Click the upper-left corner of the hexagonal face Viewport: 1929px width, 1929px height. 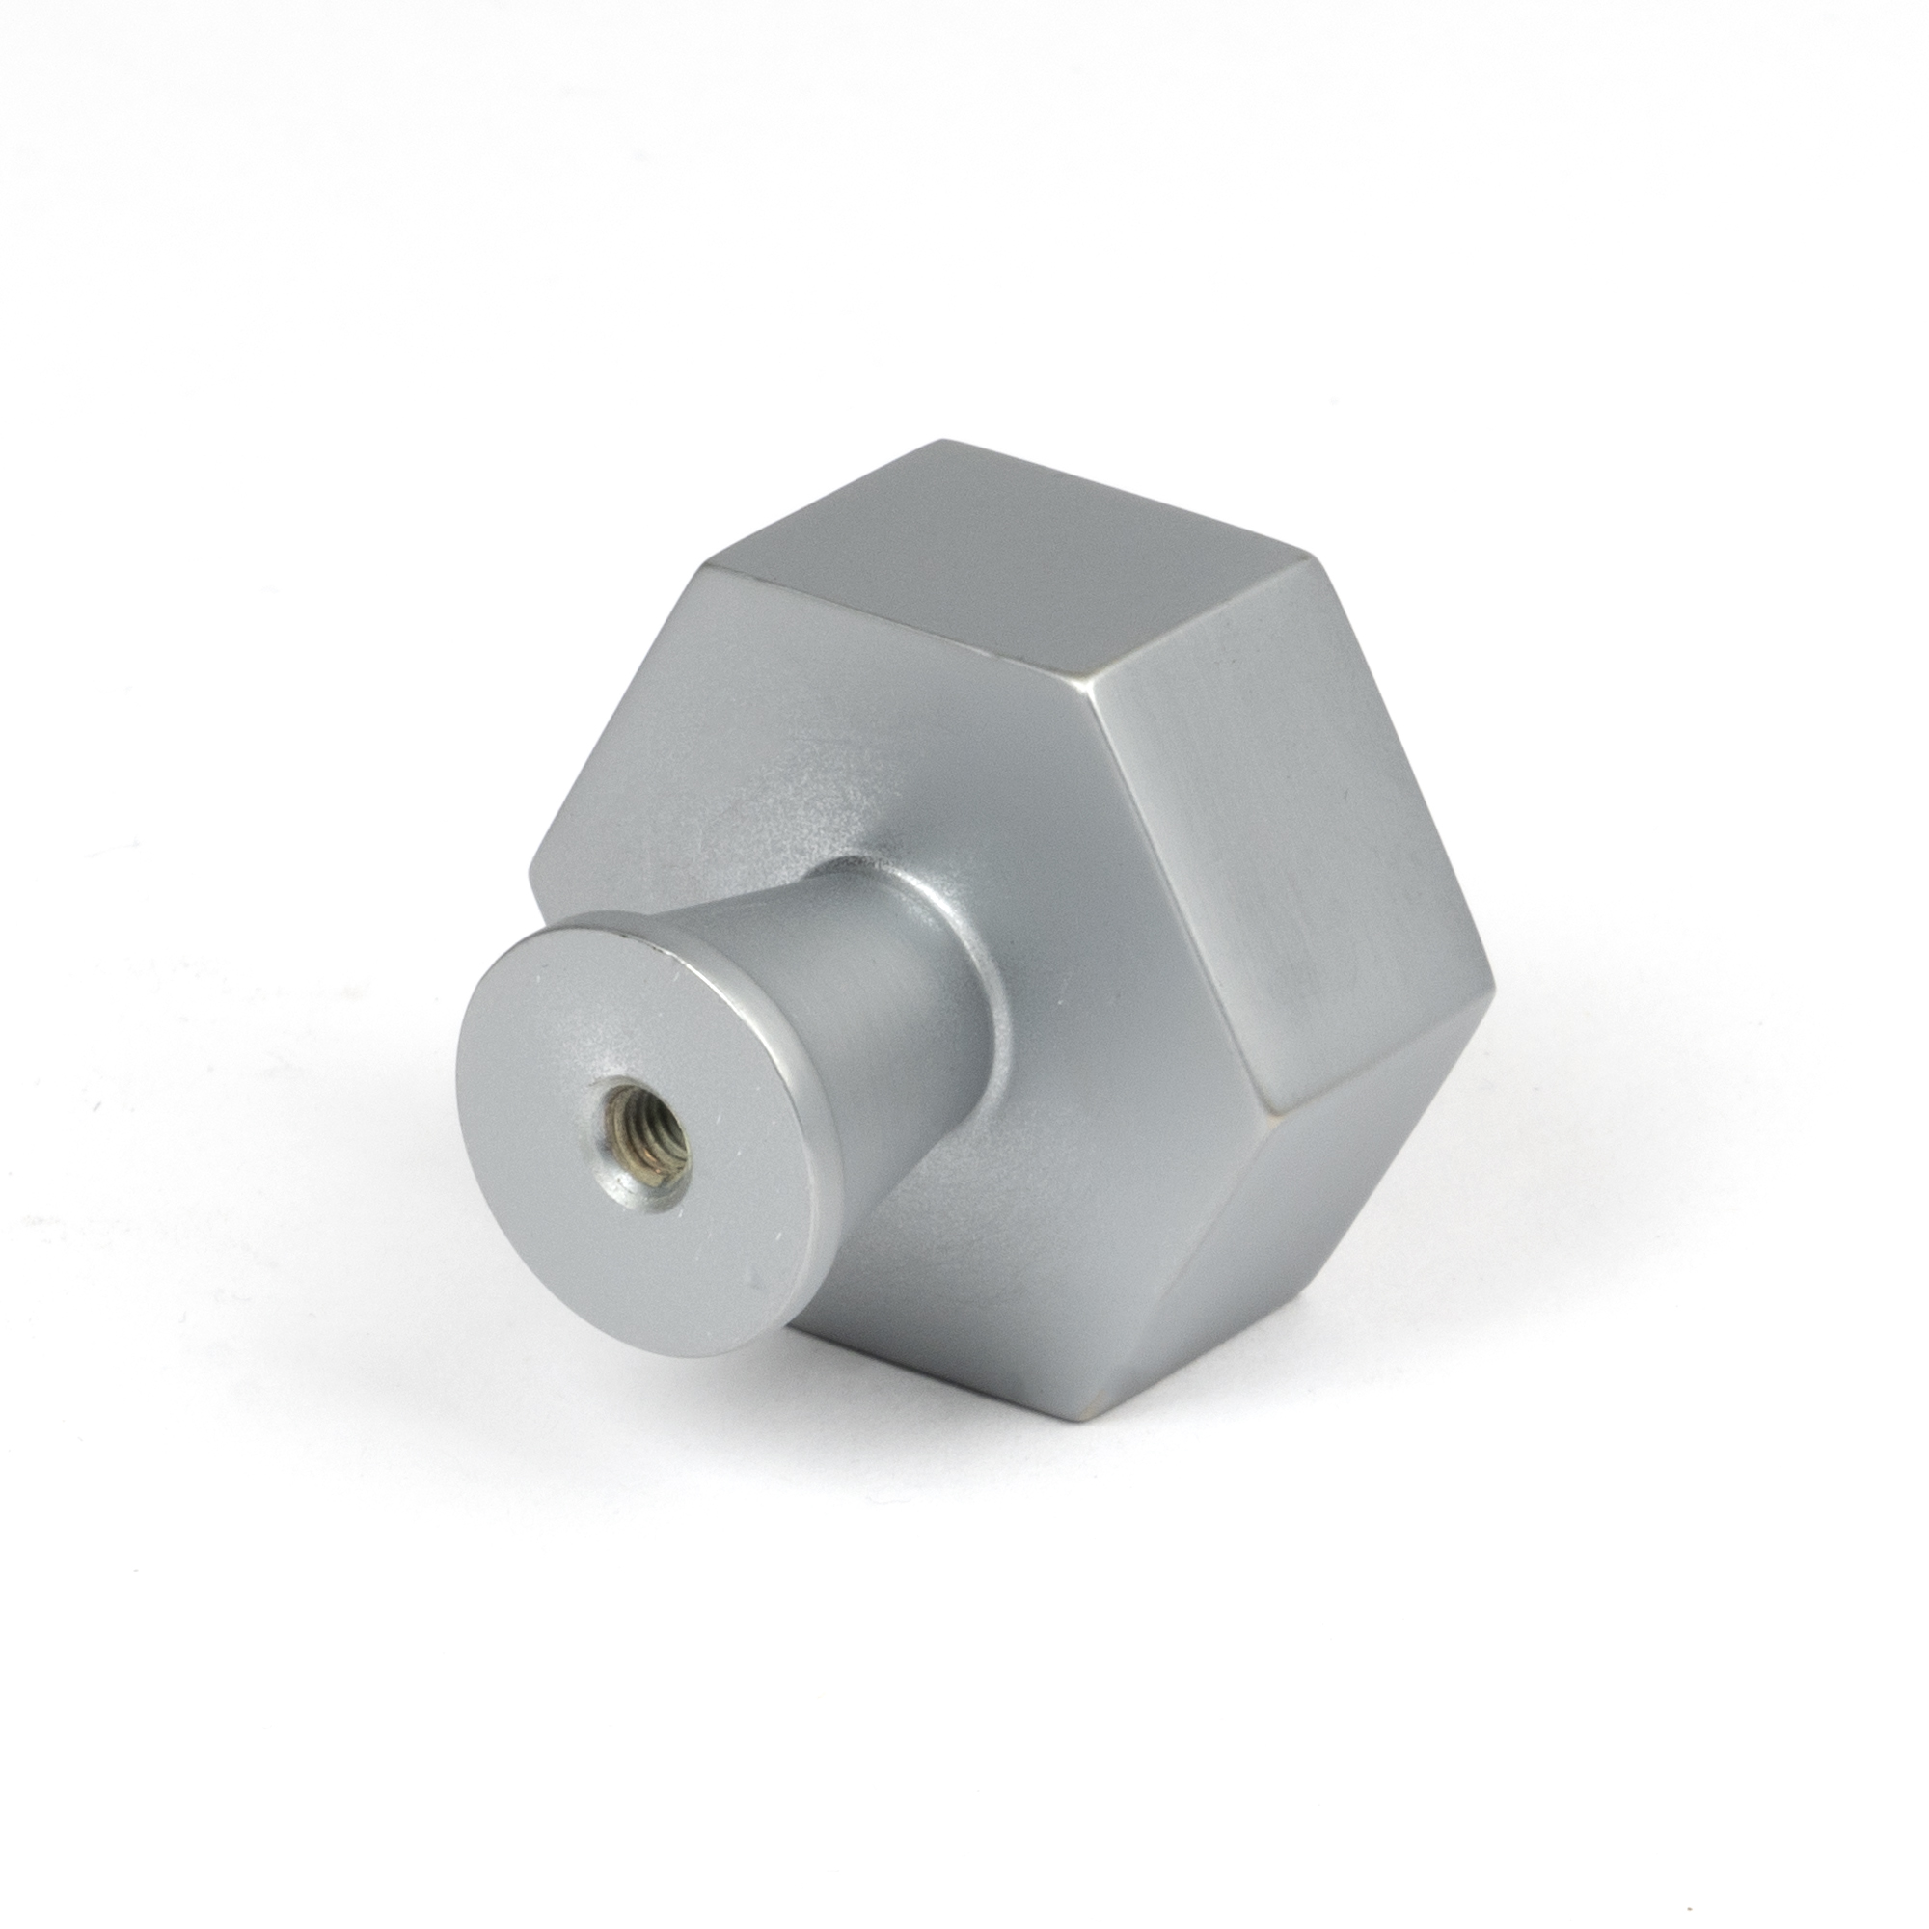pyautogui.click(x=706, y=567)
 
